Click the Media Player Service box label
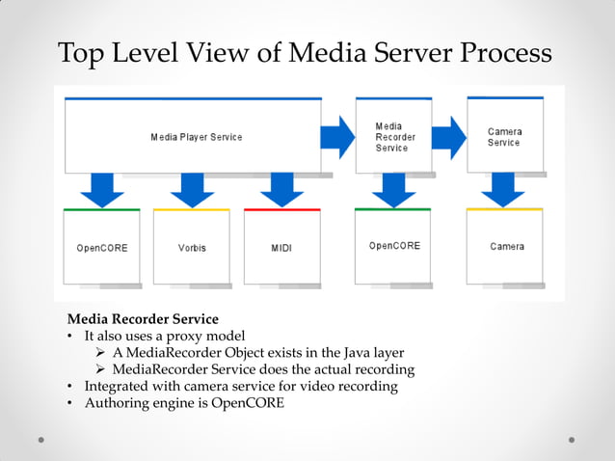pyautogui.click(x=196, y=137)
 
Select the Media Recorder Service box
pyautogui.click(x=392, y=136)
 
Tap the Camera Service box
pyautogui.click(x=504, y=136)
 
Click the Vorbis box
pyautogui.click(x=192, y=247)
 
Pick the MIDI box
pyautogui.click(x=281, y=247)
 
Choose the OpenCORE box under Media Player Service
pyautogui.click(x=101, y=247)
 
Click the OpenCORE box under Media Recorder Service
pyautogui.click(x=394, y=246)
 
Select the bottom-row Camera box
pyautogui.click(x=506, y=246)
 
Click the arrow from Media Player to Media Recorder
pyautogui.click(x=337, y=137)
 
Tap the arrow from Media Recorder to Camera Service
pyautogui.click(x=448, y=137)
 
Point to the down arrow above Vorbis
pyautogui.click(x=192, y=190)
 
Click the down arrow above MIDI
pyautogui.click(x=281, y=190)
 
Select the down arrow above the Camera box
pyautogui.click(x=503, y=190)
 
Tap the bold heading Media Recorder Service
pyautogui.click(x=143, y=319)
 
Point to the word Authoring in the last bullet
pyautogui.click(x=117, y=403)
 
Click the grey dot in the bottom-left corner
pyautogui.click(x=41, y=440)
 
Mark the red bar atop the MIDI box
pyautogui.click(x=281, y=209)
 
